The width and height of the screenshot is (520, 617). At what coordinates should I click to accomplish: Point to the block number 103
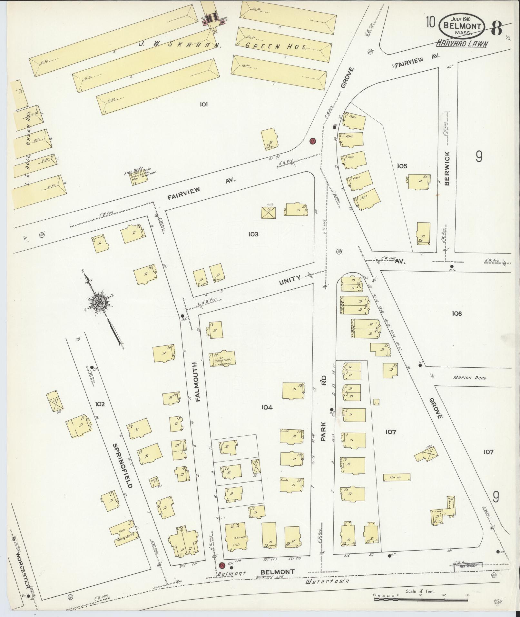click(x=253, y=234)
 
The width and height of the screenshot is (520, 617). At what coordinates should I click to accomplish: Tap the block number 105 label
click(x=402, y=166)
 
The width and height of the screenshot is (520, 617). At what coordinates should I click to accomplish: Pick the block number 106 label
click(x=457, y=313)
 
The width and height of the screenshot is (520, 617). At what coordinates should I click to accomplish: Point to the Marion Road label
click(x=469, y=378)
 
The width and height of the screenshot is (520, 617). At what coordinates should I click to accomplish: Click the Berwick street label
click(x=446, y=168)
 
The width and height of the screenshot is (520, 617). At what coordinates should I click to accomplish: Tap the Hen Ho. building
click(x=397, y=477)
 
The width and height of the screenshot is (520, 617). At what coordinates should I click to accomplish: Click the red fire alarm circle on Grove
click(x=312, y=141)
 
